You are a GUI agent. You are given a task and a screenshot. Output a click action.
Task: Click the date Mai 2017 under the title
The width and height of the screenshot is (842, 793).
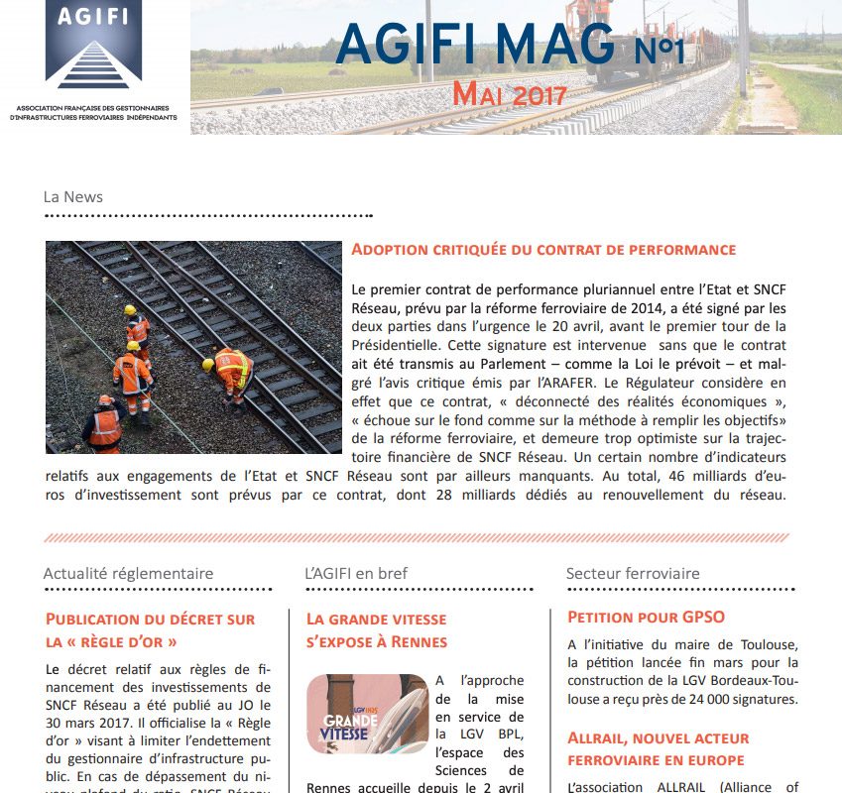click(509, 95)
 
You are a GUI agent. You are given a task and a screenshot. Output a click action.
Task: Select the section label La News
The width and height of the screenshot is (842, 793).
click(72, 196)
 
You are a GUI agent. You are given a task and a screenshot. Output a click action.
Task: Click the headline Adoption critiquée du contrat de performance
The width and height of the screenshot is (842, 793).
click(543, 250)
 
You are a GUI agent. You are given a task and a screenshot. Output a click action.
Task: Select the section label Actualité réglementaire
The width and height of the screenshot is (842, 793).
click(128, 573)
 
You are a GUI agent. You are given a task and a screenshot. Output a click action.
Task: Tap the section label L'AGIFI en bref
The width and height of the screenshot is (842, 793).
click(356, 573)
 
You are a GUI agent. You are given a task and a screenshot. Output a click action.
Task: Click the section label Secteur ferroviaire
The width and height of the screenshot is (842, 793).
click(633, 573)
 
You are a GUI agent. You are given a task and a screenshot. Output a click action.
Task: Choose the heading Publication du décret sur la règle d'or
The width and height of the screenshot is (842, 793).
click(150, 629)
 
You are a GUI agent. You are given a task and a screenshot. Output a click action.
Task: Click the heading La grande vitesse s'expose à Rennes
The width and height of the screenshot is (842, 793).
click(376, 629)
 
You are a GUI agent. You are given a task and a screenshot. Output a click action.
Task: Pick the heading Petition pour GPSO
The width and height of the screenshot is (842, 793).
click(639, 618)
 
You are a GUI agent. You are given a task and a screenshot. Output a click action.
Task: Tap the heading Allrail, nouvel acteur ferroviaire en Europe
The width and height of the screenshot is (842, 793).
click(658, 748)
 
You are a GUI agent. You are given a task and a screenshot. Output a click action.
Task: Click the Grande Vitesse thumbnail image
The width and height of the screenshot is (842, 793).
click(367, 714)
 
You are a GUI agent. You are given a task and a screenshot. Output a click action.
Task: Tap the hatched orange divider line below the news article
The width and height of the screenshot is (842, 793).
click(417, 537)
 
